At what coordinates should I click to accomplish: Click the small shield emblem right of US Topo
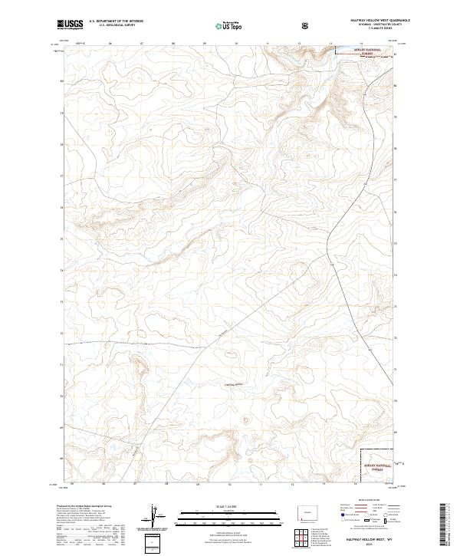307,25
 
